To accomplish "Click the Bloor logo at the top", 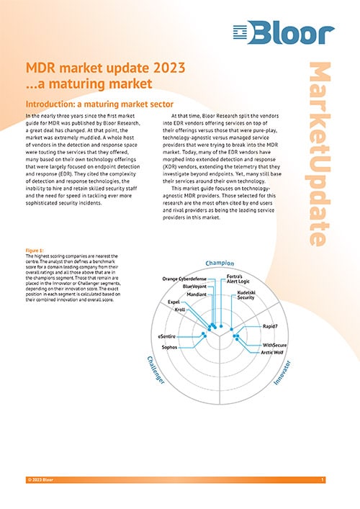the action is [x=284, y=33].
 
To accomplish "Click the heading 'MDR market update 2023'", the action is [x=107, y=68].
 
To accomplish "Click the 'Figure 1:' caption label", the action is [x=35, y=251].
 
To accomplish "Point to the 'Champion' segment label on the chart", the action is [x=220, y=263].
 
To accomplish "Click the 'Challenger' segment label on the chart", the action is [x=157, y=369].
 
